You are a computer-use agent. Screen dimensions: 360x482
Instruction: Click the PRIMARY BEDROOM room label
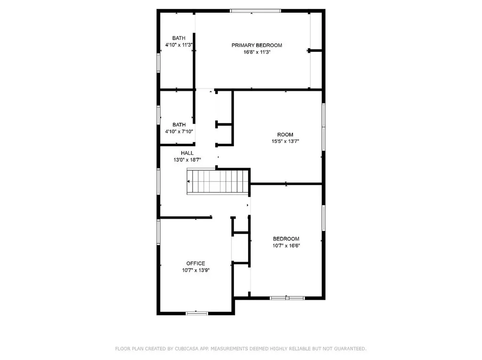coord(257,45)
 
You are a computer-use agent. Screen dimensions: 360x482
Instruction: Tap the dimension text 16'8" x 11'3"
coord(257,53)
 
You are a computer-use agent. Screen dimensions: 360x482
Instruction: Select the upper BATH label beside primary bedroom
coord(178,38)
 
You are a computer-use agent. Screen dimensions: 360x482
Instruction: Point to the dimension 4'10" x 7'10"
coord(179,132)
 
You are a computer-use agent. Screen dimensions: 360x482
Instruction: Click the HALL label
coord(187,153)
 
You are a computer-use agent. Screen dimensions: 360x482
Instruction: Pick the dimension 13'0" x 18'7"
coord(187,160)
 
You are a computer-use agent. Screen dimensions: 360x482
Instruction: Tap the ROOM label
coord(285,135)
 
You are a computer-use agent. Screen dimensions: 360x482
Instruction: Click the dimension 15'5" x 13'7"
coord(285,141)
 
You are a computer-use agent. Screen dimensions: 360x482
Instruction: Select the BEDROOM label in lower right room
coord(286,239)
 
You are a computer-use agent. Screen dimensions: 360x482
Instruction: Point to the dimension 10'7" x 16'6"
coord(286,245)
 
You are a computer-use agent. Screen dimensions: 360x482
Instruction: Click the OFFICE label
coord(195,263)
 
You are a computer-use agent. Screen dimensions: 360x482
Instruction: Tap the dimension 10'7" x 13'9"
coord(195,270)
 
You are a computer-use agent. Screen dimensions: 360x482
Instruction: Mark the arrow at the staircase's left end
coord(190,182)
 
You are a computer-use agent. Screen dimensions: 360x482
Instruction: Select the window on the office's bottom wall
coord(197,313)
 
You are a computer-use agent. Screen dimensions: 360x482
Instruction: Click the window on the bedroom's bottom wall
coord(287,297)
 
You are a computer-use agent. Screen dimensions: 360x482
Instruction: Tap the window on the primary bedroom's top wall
coord(256,10)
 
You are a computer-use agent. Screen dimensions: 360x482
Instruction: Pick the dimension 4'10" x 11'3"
coord(178,45)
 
